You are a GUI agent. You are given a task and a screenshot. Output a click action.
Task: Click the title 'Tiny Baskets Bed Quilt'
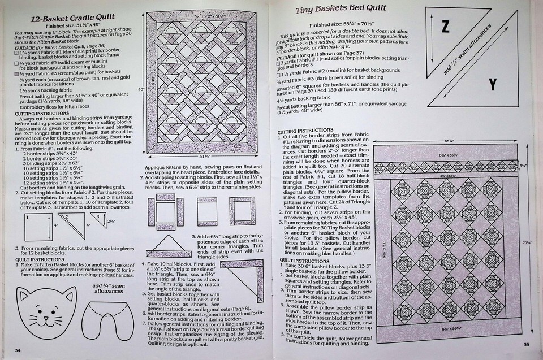[341, 10]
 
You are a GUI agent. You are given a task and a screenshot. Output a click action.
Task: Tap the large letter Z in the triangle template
[445, 27]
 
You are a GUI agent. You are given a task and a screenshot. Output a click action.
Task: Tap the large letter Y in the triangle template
[492, 85]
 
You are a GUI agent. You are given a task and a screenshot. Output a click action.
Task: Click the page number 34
[18, 350]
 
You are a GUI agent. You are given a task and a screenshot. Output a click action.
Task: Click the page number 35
[526, 344]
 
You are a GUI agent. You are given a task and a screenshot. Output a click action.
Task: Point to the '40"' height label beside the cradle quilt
[141, 89]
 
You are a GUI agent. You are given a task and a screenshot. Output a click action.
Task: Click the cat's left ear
[23, 294]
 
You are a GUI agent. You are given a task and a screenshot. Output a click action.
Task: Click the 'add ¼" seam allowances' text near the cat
[108, 288]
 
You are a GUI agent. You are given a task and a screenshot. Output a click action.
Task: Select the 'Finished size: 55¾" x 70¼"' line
[341, 25]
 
